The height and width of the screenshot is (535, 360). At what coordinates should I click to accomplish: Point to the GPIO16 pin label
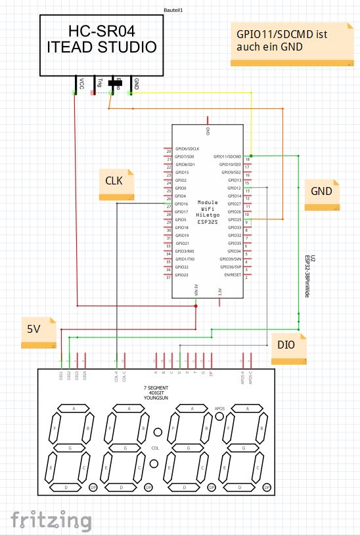(183, 204)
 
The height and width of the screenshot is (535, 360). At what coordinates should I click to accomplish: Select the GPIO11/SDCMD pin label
(228, 156)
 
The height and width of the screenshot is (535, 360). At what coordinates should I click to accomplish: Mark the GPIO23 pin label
(183, 276)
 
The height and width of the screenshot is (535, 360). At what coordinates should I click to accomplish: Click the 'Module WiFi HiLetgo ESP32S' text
(208, 212)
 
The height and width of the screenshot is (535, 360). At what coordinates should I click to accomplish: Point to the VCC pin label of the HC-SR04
(81, 84)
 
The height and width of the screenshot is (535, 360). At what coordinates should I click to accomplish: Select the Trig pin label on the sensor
(99, 83)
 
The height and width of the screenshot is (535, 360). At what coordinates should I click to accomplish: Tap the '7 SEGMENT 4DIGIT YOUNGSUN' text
(156, 393)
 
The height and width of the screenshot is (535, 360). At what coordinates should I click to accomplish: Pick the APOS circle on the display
(220, 417)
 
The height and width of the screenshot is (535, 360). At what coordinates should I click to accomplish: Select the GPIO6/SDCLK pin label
(187, 149)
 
